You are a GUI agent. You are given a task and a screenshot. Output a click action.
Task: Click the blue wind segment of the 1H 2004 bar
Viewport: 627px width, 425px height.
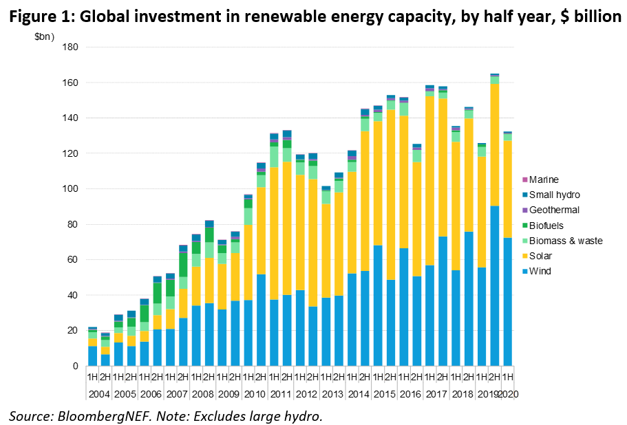pos(92,356)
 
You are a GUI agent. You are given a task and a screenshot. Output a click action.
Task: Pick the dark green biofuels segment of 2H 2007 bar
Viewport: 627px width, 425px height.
pos(184,265)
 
